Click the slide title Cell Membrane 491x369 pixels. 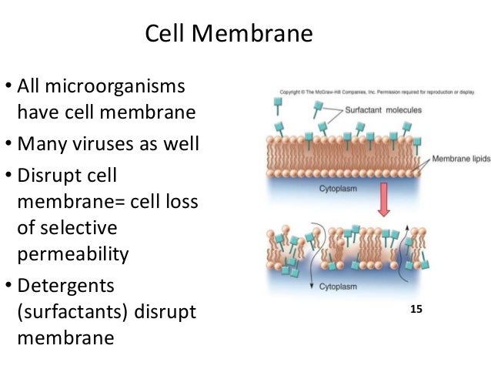tap(229, 35)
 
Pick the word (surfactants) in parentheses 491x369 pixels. tap(72, 311)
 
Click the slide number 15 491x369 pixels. tap(416, 310)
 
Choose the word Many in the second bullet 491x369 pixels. tap(42, 143)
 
